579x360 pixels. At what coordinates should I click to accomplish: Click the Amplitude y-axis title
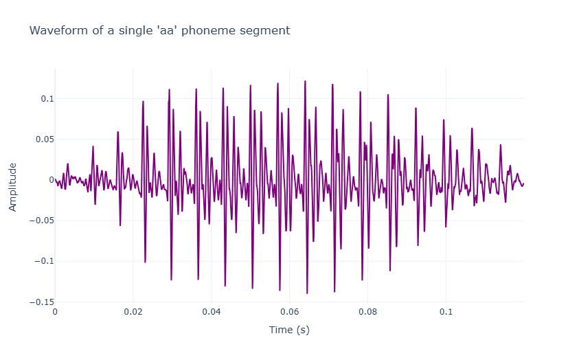[x=12, y=186]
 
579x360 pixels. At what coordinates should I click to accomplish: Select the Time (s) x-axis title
[x=289, y=330]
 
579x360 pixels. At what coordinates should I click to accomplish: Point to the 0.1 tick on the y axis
[x=45, y=99]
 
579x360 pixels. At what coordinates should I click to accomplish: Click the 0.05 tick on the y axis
[x=43, y=139]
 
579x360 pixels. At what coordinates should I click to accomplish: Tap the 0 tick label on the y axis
[x=50, y=180]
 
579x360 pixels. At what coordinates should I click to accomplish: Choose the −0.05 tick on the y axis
[x=40, y=221]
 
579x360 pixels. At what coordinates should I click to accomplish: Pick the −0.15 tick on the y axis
[x=40, y=302]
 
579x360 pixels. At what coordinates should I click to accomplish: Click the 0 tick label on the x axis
[x=55, y=311]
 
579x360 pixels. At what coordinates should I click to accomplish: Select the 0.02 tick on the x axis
[x=133, y=311]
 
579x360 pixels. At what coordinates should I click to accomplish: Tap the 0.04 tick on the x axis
[x=212, y=311]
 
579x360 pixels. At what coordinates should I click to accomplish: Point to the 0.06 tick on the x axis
[x=290, y=311]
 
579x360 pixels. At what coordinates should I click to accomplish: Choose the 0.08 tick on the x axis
[x=368, y=311]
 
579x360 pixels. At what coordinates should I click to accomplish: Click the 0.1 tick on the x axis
[x=446, y=311]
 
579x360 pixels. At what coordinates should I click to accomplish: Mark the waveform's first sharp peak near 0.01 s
[x=93, y=146]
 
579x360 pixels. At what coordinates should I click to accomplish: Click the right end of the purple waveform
[x=523, y=183]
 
